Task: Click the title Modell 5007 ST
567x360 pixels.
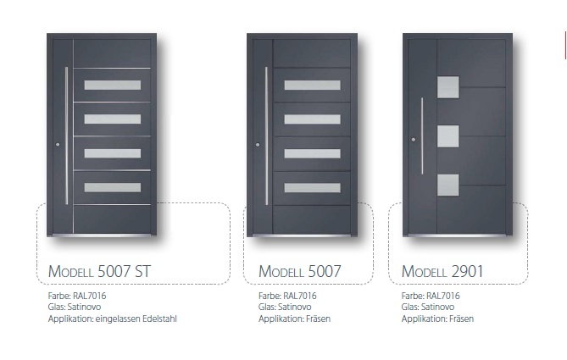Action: click(99, 271)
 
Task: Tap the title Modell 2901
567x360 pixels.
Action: click(442, 271)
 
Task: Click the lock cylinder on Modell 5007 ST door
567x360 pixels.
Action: click(58, 145)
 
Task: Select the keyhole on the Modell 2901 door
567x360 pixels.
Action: click(414, 140)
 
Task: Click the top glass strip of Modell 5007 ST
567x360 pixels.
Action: click(113, 85)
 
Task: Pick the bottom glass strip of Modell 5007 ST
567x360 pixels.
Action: click(113, 187)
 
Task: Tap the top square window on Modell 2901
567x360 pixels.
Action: click(448, 87)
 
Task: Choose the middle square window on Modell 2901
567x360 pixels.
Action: click(448, 136)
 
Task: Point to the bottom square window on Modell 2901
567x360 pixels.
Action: click(448, 185)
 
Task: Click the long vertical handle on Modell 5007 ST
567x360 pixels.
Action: click(67, 136)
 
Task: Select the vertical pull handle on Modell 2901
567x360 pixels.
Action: click(422, 136)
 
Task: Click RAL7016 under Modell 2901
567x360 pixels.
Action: click(443, 296)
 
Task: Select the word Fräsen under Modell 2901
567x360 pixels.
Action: click(461, 318)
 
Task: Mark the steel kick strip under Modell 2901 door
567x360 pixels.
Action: click(458, 235)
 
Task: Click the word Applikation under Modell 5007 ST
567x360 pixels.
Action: click(71, 319)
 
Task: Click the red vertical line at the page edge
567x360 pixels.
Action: click(565, 45)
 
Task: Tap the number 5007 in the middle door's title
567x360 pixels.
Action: click(325, 271)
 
